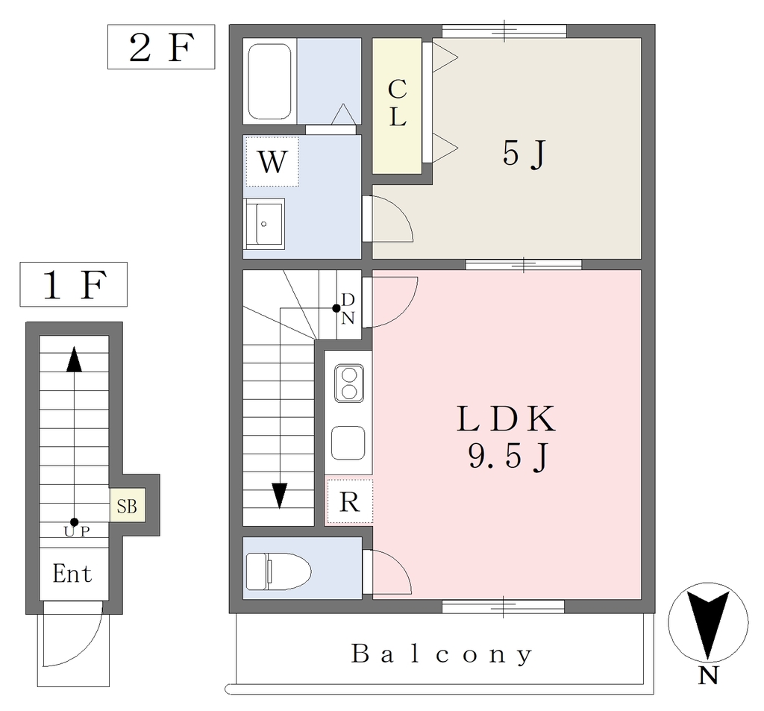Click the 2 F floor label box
pyautogui.click(x=161, y=47)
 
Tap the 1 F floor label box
pyautogui.click(x=74, y=284)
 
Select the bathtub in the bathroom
pyautogui.click(x=269, y=81)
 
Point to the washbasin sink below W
pyautogui.click(x=263, y=224)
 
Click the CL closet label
pyautogui.click(x=397, y=103)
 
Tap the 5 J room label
pyautogui.click(x=524, y=154)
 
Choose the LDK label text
pyautogui.click(x=506, y=419)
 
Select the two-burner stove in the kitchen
pyautogui.click(x=349, y=383)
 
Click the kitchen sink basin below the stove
pyautogui.click(x=348, y=443)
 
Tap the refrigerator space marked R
pyautogui.click(x=349, y=501)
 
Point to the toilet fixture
pyautogui.click(x=278, y=571)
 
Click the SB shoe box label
pyautogui.click(x=127, y=506)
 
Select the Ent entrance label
pyautogui.click(x=72, y=574)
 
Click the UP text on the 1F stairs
pyautogui.click(x=77, y=531)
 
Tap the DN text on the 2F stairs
pyautogui.click(x=348, y=308)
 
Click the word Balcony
pyautogui.click(x=442, y=654)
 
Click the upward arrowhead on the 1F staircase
pyautogui.click(x=74, y=359)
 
